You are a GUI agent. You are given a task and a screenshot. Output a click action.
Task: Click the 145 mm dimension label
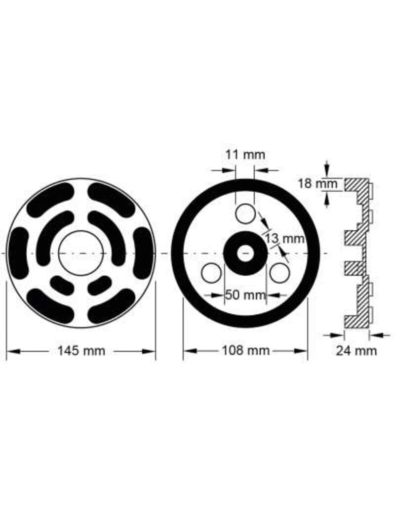(x=81, y=351)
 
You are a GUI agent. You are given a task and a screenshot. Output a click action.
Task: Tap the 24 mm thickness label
(x=356, y=351)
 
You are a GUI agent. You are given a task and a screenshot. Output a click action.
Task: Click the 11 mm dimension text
(x=245, y=154)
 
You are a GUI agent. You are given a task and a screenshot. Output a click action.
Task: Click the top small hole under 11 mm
(x=244, y=214)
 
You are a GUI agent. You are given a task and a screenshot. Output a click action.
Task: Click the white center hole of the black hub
(x=244, y=253)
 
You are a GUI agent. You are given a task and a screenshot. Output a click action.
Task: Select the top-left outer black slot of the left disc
(x=49, y=199)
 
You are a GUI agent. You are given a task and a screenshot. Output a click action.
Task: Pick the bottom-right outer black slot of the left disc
(x=112, y=306)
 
